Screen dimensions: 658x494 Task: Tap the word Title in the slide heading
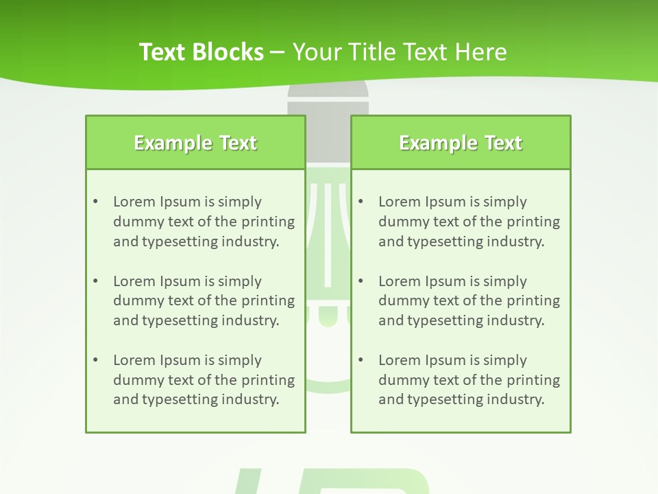(x=374, y=51)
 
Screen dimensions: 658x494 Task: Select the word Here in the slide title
(x=481, y=51)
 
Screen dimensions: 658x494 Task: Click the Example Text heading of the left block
(x=195, y=143)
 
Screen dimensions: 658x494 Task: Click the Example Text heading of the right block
(x=461, y=143)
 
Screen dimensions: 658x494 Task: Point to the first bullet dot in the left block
(x=96, y=202)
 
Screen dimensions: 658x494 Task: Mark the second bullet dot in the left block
(x=96, y=281)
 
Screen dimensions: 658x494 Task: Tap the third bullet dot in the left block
(x=96, y=360)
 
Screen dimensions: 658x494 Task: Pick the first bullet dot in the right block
(x=361, y=202)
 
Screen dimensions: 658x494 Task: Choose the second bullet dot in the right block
(x=361, y=281)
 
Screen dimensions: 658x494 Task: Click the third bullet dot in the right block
(x=361, y=360)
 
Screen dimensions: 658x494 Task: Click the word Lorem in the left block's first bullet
(x=134, y=202)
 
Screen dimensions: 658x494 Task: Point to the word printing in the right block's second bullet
(x=533, y=301)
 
